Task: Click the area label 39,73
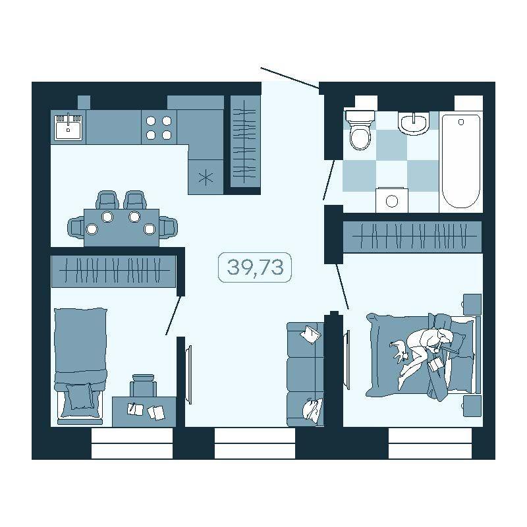255,267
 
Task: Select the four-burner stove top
159,127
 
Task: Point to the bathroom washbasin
414,123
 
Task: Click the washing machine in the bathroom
392,200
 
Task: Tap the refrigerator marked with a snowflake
206,177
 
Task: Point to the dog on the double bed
399,350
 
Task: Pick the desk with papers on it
144,412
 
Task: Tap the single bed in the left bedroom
80,366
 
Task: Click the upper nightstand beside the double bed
472,304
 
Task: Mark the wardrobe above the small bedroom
113,271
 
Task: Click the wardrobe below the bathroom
412,236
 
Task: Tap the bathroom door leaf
329,180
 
